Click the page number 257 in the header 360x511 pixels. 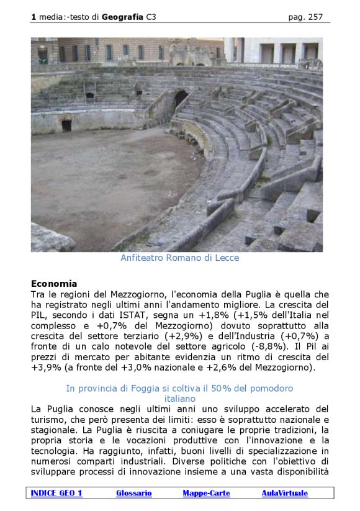pos(315,17)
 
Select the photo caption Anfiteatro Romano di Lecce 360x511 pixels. pos(179,258)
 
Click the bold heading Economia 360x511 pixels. pos(54,284)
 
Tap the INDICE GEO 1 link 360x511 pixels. pos(56,493)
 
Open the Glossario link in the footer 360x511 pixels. pos(133,493)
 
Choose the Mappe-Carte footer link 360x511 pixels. pos(206,493)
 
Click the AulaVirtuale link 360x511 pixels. pos(284,493)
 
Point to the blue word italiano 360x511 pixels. pos(180,399)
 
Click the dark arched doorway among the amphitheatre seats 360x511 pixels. pos(181,97)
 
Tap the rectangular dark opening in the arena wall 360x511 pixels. pos(66,125)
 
